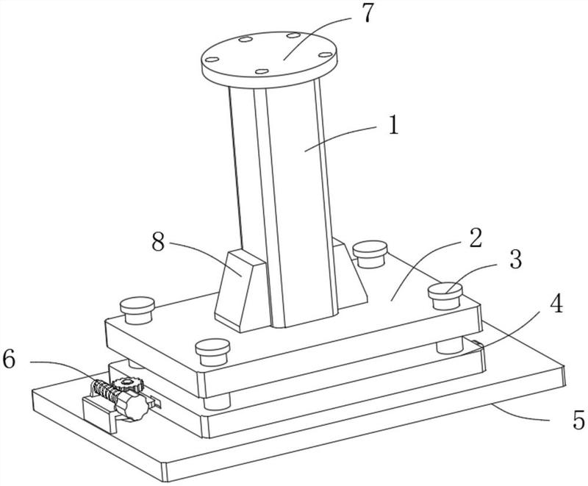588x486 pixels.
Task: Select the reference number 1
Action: [x=392, y=126]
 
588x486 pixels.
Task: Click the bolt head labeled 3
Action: [x=446, y=293]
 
